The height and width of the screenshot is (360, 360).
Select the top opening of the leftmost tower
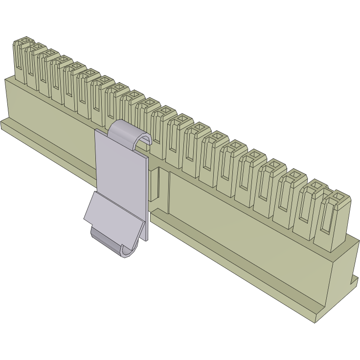click(x=24, y=41)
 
